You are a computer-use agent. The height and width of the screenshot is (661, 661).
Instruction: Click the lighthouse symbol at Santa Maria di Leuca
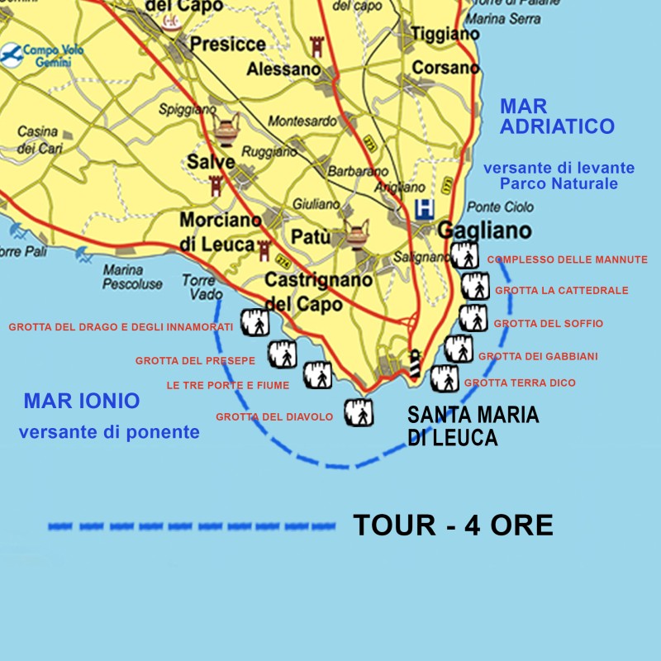pyautogui.click(x=416, y=364)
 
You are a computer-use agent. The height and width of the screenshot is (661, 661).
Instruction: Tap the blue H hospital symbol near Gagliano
pyautogui.click(x=425, y=207)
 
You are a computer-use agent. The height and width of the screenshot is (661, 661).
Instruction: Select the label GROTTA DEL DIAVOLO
pyautogui.click(x=274, y=417)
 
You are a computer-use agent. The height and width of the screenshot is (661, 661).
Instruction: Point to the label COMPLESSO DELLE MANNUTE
pyautogui.click(x=568, y=259)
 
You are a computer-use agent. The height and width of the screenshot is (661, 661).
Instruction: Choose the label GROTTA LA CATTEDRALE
pyautogui.click(x=562, y=291)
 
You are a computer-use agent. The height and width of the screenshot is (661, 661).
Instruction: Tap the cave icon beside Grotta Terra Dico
pyautogui.click(x=445, y=378)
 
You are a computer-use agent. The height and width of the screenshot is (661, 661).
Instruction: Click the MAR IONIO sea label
pyautogui.click(x=82, y=402)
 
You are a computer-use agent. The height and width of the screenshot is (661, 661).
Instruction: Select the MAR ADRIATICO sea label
pyautogui.click(x=558, y=117)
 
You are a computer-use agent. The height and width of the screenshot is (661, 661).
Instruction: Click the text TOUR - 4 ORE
pyautogui.click(x=453, y=525)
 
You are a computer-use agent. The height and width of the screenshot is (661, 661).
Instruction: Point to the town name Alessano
pyautogui.click(x=283, y=69)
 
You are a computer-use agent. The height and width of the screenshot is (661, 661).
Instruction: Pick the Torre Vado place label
pyautogui.click(x=198, y=287)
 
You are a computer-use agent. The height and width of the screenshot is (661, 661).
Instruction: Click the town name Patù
pyautogui.click(x=311, y=238)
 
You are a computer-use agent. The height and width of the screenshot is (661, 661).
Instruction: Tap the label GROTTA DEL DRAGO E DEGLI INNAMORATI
pyautogui.click(x=121, y=327)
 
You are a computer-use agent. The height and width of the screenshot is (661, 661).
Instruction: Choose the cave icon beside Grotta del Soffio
pyautogui.click(x=473, y=318)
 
